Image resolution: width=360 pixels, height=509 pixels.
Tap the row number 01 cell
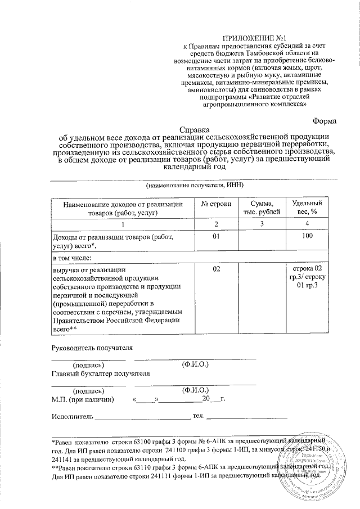(216, 237)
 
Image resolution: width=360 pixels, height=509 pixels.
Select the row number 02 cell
(216, 270)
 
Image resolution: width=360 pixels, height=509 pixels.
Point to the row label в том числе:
(71, 258)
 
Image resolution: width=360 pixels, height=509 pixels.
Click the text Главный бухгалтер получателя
(101, 373)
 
